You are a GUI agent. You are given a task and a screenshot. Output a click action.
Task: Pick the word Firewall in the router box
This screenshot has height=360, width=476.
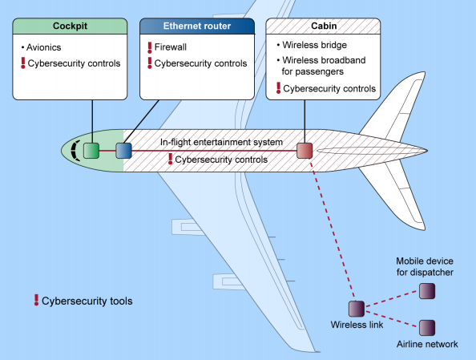172,47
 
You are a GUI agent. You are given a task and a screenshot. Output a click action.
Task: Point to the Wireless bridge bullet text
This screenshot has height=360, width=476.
315,47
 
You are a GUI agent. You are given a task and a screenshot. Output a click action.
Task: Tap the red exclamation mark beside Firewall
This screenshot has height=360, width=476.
148,47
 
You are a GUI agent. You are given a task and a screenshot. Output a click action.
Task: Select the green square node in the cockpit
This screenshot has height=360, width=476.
91,150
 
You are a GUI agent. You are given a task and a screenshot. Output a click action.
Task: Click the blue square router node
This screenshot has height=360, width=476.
123,150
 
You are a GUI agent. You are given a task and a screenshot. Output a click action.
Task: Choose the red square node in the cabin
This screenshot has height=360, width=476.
305,150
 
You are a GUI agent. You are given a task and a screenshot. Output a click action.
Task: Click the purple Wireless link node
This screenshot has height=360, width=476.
357,309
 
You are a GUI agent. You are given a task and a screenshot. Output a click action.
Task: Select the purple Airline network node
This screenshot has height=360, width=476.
427,327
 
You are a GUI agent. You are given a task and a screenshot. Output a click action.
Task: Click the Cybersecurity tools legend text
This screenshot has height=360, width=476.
87,301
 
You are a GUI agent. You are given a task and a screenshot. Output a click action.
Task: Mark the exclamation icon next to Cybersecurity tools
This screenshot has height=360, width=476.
35,301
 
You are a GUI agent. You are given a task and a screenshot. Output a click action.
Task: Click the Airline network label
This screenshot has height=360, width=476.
427,344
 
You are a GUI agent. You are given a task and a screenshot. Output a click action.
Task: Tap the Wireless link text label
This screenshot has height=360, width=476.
357,326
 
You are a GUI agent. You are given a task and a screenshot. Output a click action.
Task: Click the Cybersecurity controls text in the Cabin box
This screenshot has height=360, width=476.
330,88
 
